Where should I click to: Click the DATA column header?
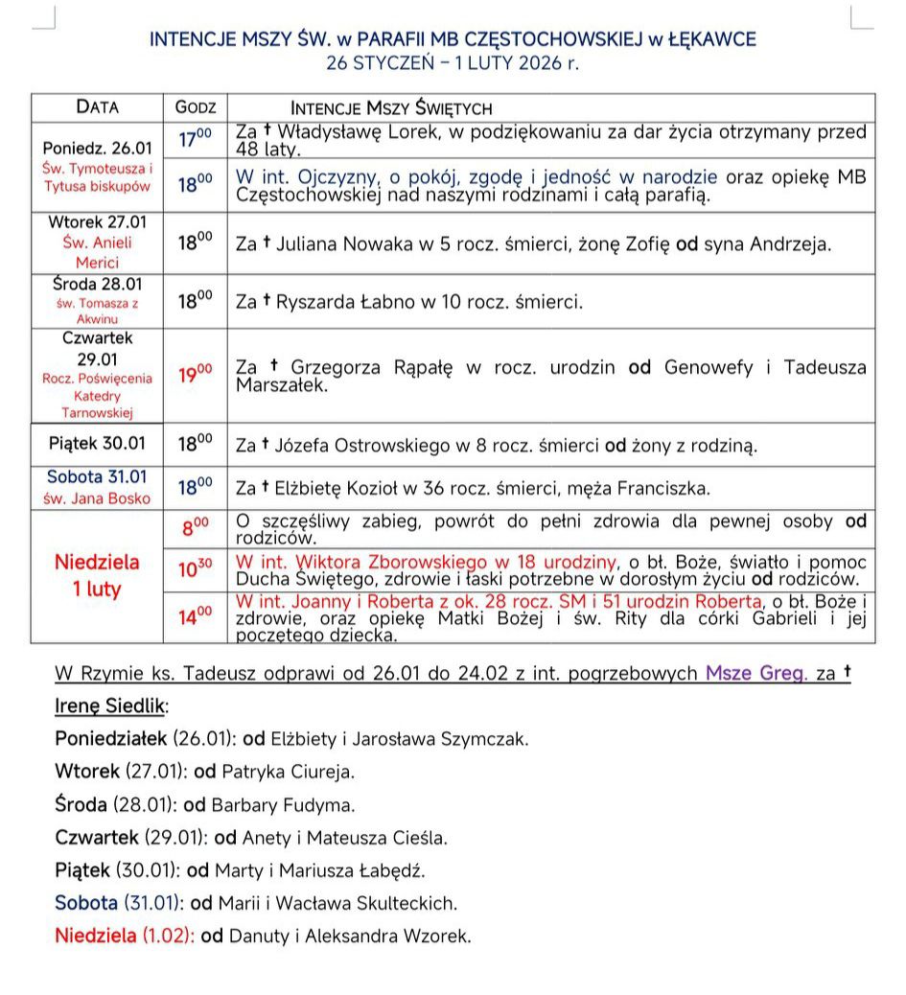coord(98,107)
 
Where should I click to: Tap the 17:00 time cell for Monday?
coord(196,140)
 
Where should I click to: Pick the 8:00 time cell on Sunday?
coord(196,526)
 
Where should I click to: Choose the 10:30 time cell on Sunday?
coord(196,569)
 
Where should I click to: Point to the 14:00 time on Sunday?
coord(196,614)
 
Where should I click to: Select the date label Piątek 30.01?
coord(98,443)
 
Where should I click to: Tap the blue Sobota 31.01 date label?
coord(98,476)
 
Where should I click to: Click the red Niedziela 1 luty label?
coord(97,575)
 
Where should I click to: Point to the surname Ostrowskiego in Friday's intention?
coord(379,446)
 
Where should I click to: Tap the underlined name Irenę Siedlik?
coord(110,706)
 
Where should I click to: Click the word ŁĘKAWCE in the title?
coord(708,39)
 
